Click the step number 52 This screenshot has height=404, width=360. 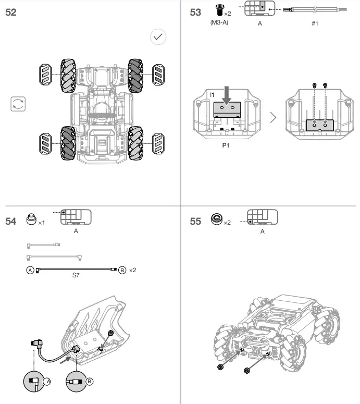point(11,13)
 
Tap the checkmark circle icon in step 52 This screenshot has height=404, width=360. point(158,36)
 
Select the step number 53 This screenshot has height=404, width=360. point(195,13)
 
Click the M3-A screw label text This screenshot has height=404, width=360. point(219,23)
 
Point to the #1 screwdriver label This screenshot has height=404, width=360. point(315,23)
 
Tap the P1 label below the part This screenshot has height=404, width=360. point(226,146)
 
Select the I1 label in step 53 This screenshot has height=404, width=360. point(212,94)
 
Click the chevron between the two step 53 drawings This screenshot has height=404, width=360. point(273,117)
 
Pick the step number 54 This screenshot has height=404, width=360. point(11,222)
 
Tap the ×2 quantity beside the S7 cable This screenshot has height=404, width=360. point(132,270)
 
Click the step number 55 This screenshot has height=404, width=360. point(195,222)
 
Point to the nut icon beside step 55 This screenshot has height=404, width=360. point(215,219)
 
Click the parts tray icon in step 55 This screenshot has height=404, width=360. point(262,217)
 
